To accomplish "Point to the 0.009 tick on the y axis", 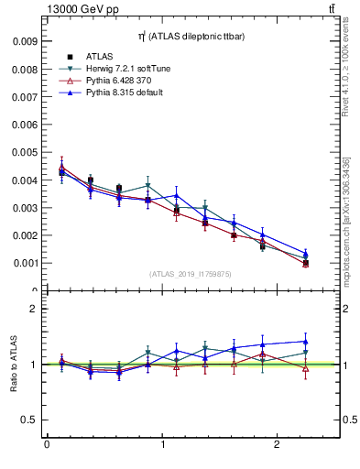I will point(25,41).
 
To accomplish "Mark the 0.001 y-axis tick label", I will point(25,263).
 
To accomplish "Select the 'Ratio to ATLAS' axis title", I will point(14,365).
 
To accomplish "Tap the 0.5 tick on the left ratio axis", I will point(29,420).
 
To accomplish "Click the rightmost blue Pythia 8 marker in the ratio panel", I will point(306,342).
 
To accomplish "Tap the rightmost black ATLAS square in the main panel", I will point(306,264).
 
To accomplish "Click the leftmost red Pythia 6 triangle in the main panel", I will point(61,167).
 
